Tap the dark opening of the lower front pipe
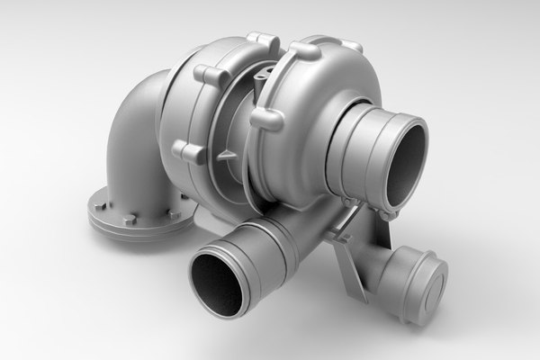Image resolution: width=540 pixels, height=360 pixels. click(x=216, y=283)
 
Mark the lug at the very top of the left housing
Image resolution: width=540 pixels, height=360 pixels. click(x=261, y=40)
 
